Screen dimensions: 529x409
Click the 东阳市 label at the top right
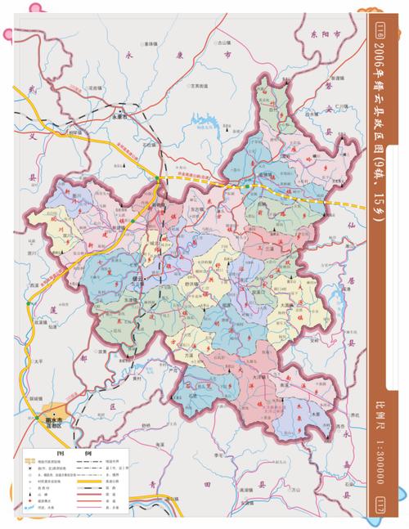(x=324, y=34)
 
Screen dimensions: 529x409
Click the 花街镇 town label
(x=94, y=86)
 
